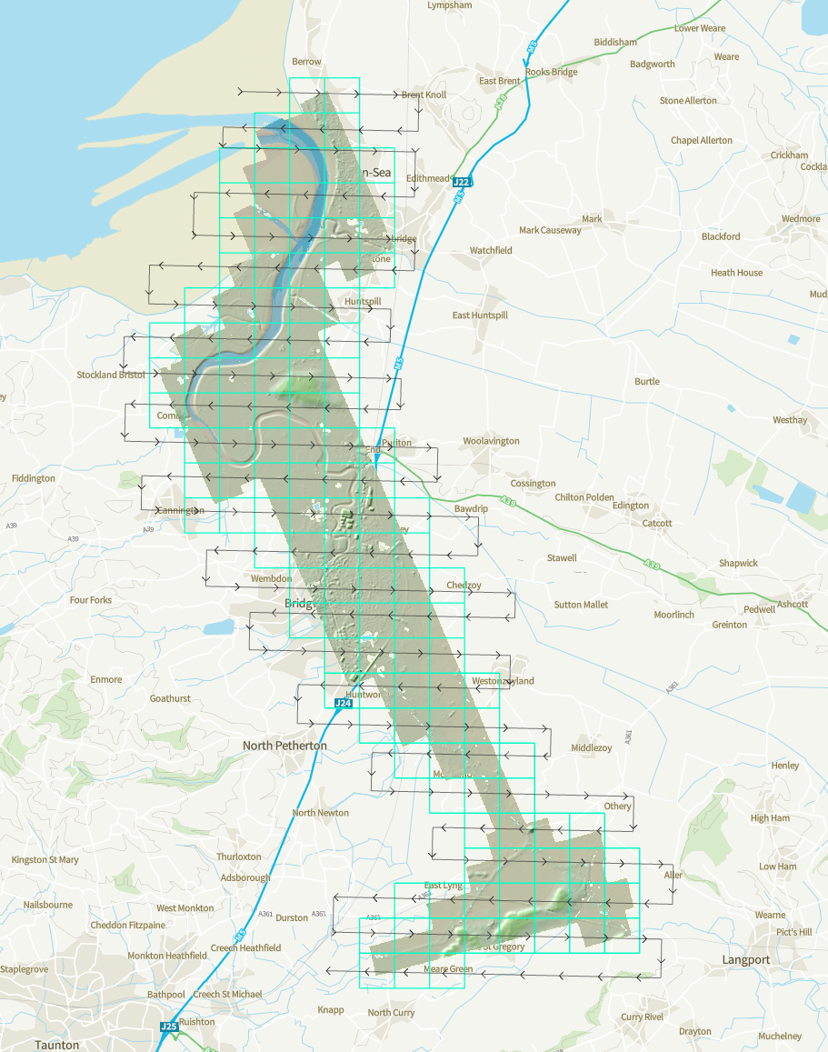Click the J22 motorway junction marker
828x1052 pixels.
tap(462, 183)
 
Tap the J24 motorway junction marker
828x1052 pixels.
tap(343, 703)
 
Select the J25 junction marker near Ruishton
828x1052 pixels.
tap(169, 1027)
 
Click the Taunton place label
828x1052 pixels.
tap(56, 1045)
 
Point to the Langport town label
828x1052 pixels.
tap(745, 959)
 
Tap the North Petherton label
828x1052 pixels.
tap(284, 746)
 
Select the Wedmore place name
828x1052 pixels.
tap(801, 219)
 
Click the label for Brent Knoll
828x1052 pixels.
tap(424, 95)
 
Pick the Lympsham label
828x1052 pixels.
tap(450, 5)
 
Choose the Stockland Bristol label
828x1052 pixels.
tap(111, 375)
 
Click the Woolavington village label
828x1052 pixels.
tap(491, 441)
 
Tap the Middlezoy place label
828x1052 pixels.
tap(592, 747)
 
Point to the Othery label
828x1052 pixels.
tap(617, 807)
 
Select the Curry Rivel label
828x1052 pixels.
tap(643, 1017)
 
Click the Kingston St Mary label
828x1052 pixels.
tap(45, 859)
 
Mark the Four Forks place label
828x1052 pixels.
tap(91, 600)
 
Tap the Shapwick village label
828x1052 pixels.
tap(738, 563)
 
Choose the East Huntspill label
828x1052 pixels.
tap(480, 315)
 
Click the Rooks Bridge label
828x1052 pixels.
tap(552, 72)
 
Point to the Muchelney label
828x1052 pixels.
tap(780, 1036)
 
